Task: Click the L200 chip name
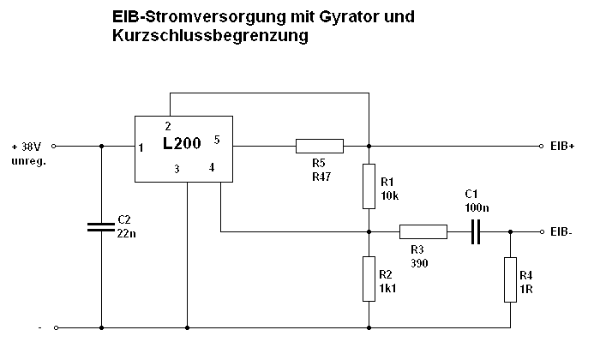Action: coord(182,144)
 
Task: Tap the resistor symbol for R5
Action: coord(320,146)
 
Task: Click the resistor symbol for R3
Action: coord(423,231)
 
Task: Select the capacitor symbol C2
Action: coord(101,227)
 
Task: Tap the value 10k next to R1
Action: coord(389,195)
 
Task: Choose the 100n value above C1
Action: coord(477,208)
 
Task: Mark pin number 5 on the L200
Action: coord(217,139)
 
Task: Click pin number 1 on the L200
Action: coord(141,147)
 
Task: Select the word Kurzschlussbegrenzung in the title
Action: coord(210,37)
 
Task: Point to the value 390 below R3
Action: coord(419,262)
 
